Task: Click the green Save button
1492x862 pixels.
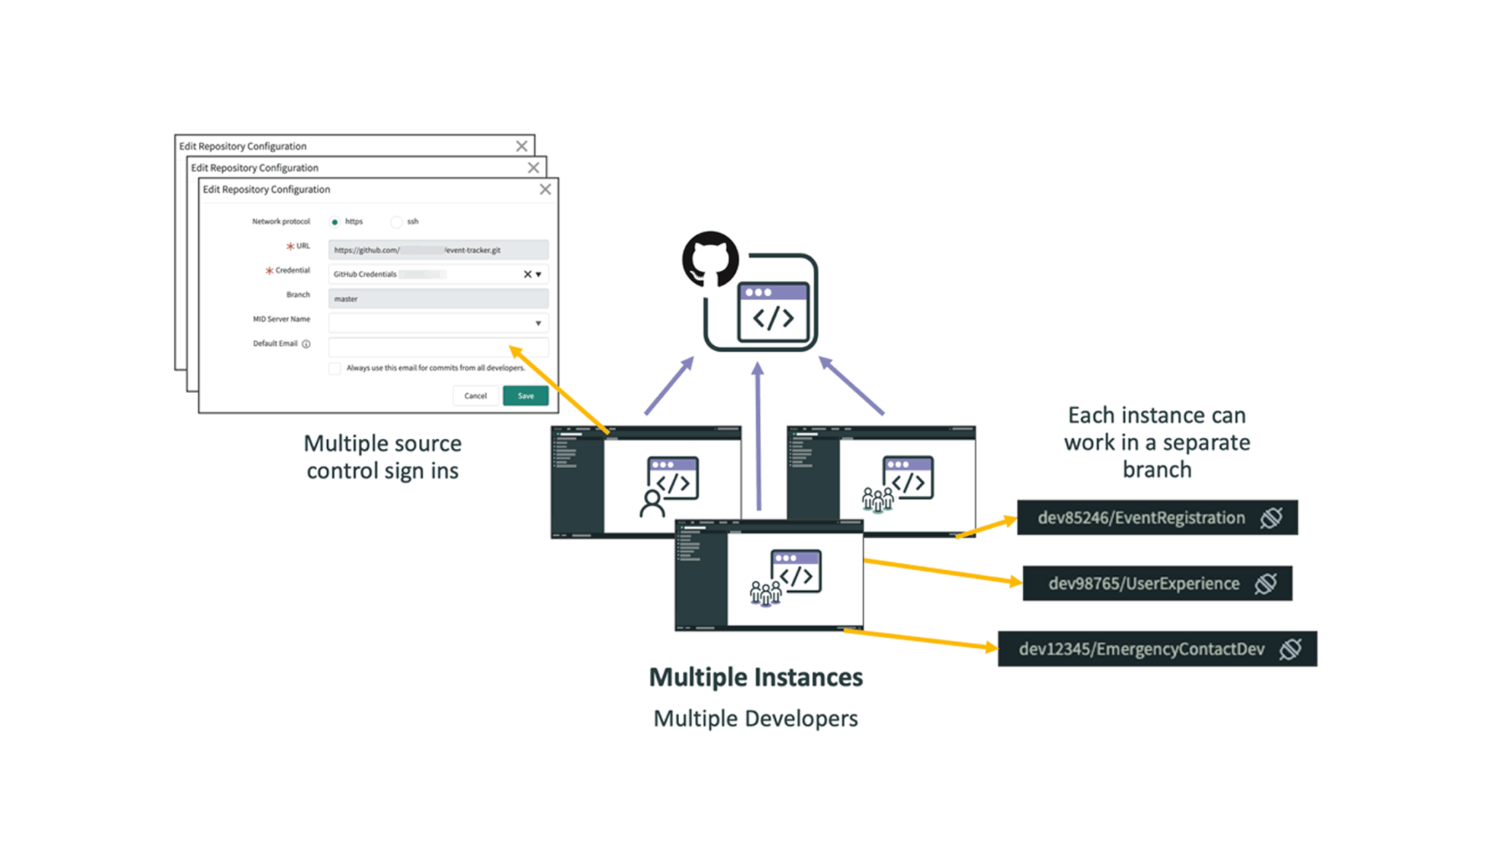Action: [525, 395]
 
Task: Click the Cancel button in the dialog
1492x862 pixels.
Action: [475, 395]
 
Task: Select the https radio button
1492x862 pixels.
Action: [334, 221]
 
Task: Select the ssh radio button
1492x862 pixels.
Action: [396, 221]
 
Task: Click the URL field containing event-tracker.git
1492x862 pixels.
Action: [438, 250]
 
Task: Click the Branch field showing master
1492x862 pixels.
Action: [438, 298]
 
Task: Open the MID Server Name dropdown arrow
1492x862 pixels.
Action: [538, 323]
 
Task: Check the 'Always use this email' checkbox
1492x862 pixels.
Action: [334, 368]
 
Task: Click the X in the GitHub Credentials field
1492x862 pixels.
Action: [527, 274]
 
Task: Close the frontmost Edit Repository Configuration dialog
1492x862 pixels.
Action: [545, 189]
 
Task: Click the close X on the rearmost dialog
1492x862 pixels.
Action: [522, 146]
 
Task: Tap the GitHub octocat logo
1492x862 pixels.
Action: [710, 259]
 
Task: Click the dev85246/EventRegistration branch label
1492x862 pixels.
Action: [1141, 518]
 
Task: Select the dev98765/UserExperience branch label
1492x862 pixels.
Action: [1143, 583]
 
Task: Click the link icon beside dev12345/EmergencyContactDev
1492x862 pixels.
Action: [1290, 649]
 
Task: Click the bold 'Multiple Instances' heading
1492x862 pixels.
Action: [755, 677]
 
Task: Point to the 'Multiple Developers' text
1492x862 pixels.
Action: [755, 719]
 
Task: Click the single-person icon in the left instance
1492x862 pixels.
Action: [652, 503]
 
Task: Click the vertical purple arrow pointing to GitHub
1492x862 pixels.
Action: [758, 437]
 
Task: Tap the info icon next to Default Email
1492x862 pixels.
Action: [306, 344]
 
